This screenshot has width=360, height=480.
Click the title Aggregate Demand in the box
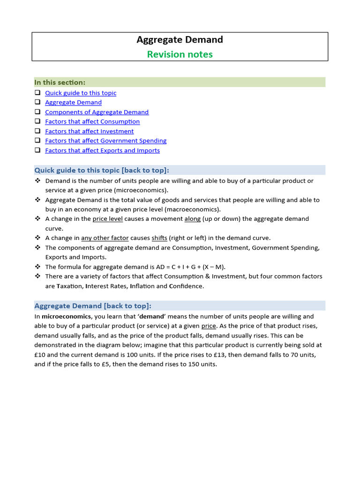(180, 40)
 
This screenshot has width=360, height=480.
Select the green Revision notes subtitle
(180, 54)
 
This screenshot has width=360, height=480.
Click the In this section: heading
(60, 82)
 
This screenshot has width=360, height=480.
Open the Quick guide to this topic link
(81, 93)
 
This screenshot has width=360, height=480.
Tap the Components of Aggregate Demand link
(97, 112)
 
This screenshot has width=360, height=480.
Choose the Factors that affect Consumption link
(92, 121)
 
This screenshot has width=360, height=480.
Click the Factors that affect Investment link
(89, 131)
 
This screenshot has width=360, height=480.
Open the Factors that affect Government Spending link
(105, 141)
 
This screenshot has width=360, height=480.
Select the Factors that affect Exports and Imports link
(102, 150)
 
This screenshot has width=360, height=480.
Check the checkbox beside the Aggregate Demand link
(37, 102)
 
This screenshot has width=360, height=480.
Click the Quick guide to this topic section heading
(102, 170)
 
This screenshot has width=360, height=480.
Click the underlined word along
(192, 219)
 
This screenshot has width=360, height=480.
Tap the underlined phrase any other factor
(105, 238)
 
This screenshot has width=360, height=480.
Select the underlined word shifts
(159, 238)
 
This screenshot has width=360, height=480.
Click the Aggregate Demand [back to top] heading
(93, 306)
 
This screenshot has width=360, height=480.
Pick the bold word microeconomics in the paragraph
(66, 316)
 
